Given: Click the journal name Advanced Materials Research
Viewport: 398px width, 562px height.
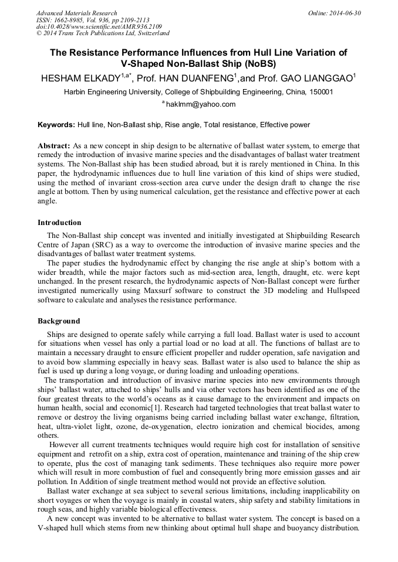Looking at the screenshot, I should [x=76, y=13].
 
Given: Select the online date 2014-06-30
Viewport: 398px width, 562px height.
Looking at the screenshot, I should [x=346, y=13].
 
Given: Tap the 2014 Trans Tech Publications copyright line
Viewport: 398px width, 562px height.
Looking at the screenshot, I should [x=103, y=33].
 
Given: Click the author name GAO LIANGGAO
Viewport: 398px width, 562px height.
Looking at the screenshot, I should [x=318, y=79].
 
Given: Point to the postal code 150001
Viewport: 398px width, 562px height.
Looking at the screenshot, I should [x=321, y=92].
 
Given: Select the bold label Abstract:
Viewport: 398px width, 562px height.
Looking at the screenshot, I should [x=54, y=145].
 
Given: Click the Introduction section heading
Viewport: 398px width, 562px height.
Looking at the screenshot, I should [x=59, y=223].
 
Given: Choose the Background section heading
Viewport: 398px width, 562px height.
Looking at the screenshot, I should [x=59, y=321].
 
